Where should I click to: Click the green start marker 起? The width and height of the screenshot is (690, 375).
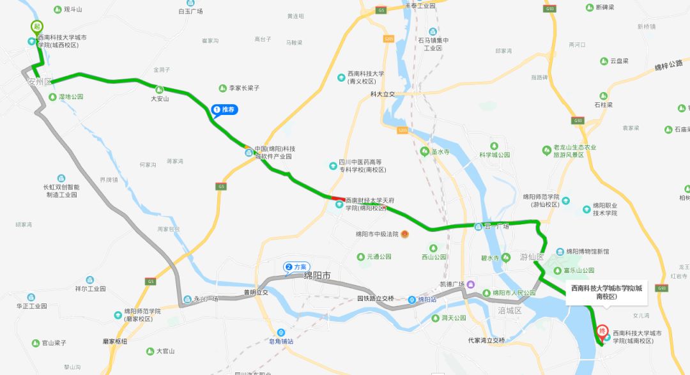pos(37,27)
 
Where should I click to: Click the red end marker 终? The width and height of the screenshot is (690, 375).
pos(601,332)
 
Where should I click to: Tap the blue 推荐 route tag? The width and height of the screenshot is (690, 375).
pos(224,110)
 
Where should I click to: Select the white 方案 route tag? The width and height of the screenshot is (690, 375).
pos(296,266)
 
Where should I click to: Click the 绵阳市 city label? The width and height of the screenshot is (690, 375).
pos(317,277)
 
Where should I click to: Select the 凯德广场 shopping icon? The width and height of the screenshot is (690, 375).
pos(471,284)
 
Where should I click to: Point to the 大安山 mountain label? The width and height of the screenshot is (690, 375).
pos(160,98)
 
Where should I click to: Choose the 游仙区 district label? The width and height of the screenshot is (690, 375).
pos(531,257)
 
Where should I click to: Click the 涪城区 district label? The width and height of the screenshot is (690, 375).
pos(510,310)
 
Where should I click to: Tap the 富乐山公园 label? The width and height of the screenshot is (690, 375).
pos(579,271)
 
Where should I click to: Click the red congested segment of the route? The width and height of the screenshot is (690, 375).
pos(338,198)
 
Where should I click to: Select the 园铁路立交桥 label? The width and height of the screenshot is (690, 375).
pos(375,298)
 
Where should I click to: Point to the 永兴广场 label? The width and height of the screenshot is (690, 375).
pos(205,299)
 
